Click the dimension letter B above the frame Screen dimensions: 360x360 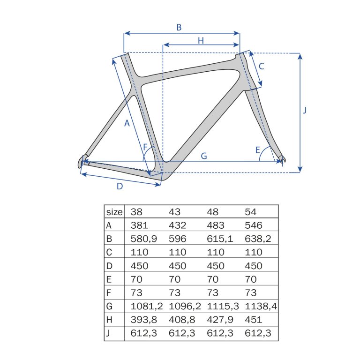pos(179,27)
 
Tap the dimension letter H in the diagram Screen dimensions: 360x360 pos(201,41)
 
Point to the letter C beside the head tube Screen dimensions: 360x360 pos(261,67)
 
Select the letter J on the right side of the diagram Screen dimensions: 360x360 pos(305,111)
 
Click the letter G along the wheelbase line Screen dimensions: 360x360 pos(204,156)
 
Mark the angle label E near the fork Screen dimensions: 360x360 pos(258,150)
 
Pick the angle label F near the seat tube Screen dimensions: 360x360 pos(145,147)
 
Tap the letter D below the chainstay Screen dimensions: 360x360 pos(120,186)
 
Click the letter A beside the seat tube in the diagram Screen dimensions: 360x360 pos(127,123)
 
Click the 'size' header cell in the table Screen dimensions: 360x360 pos(114,212)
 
